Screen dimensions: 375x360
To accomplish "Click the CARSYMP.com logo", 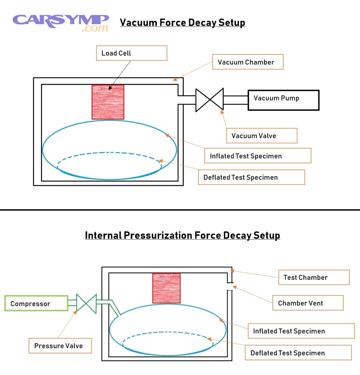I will (61, 22).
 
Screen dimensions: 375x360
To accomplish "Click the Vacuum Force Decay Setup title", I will (182, 22).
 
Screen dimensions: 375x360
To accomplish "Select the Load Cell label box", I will (132, 53).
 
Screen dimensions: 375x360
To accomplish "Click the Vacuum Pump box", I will (283, 100).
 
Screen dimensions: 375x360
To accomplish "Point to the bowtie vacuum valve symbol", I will (209, 100).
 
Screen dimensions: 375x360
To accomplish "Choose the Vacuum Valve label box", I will (262, 136).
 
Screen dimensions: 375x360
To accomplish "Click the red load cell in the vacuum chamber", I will (108, 102).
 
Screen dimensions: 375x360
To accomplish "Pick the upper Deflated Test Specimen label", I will (251, 177).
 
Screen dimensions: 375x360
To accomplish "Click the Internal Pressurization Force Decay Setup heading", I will (182, 235).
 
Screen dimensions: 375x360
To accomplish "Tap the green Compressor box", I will (36, 303).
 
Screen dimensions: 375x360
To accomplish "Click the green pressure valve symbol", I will (86, 303).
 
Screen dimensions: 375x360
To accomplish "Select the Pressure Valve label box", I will (60, 346).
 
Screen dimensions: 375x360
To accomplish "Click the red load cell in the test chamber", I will (166, 288).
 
